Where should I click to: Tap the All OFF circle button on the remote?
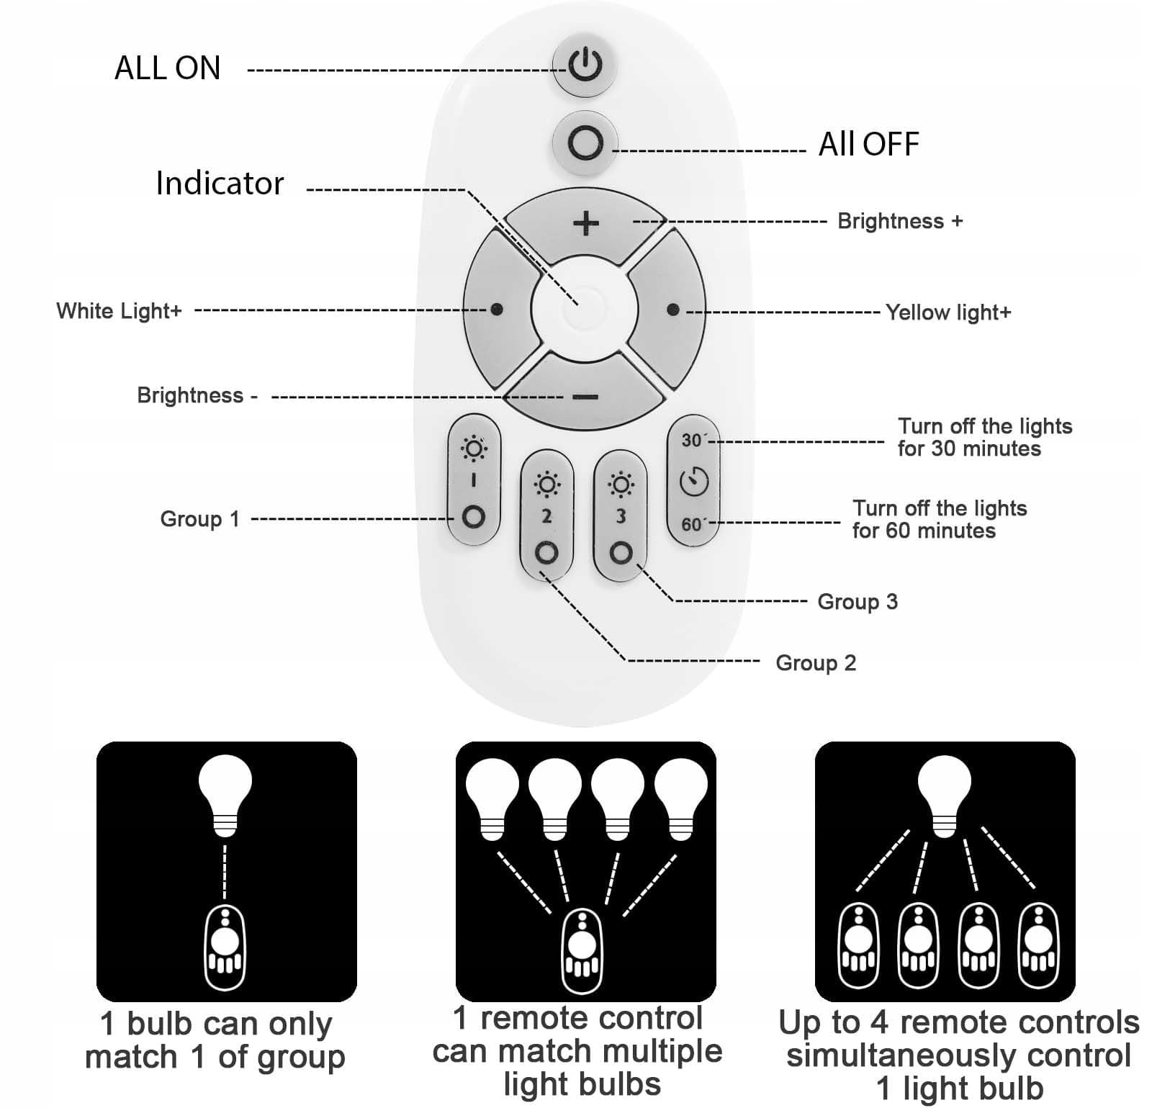click(x=585, y=143)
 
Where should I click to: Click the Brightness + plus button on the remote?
click(x=585, y=222)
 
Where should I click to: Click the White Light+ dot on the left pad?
click(x=496, y=310)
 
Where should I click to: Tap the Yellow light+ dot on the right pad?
click(x=672, y=310)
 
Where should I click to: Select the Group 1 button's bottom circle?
click(x=473, y=517)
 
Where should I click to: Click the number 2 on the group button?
click(x=546, y=515)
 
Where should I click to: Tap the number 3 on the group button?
click(x=621, y=515)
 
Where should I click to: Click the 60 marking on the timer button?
click(x=692, y=524)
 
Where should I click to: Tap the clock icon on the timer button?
click(x=693, y=481)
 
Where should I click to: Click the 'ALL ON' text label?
click(x=167, y=68)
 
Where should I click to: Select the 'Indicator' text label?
click(x=220, y=184)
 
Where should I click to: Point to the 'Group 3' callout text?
click(x=857, y=602)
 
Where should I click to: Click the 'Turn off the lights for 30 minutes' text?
click(x=984, y=437)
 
